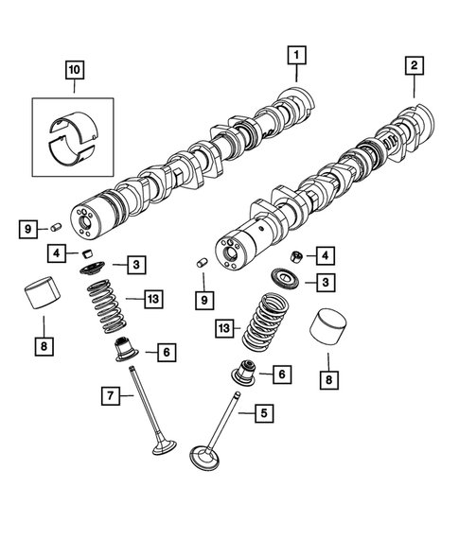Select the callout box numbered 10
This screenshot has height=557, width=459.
point(74,69)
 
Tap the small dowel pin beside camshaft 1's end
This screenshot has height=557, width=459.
point(56,227)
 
